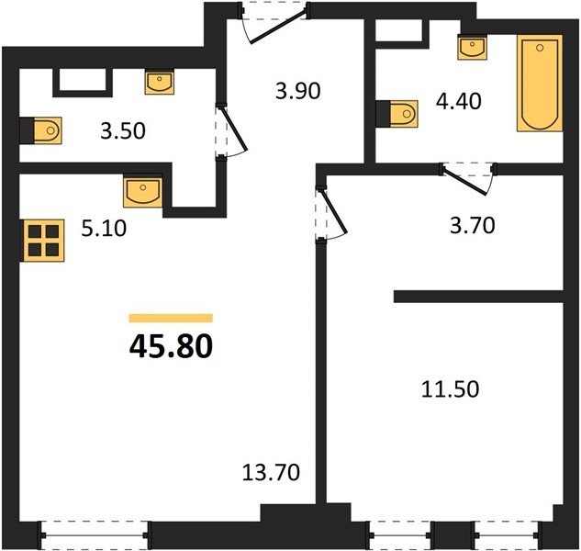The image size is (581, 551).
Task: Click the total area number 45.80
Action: coord(171,346)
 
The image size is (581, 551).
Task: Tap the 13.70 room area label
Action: coord(271,472)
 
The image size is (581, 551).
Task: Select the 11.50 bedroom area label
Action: coord(450,389)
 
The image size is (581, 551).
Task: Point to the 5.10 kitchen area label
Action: coord(104,228)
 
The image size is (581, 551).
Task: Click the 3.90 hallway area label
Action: coord(298,91)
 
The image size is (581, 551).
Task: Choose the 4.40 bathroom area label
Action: coord(459,101)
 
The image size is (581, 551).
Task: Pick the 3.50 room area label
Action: coord(123,131)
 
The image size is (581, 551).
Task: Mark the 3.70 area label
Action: coord(473,225)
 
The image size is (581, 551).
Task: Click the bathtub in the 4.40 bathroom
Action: coord(540,83)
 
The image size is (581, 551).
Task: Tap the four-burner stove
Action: coord(43,241)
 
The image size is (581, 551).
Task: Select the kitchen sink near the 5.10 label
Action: coord(142,192)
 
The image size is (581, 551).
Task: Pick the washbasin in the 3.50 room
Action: coord(160,83)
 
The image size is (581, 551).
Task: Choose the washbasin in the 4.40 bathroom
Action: coord(472,47)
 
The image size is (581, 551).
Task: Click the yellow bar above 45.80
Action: coord(171,318)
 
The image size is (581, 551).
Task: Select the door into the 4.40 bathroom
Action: coord(467,179)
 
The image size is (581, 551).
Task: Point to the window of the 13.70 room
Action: coord(95,535)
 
